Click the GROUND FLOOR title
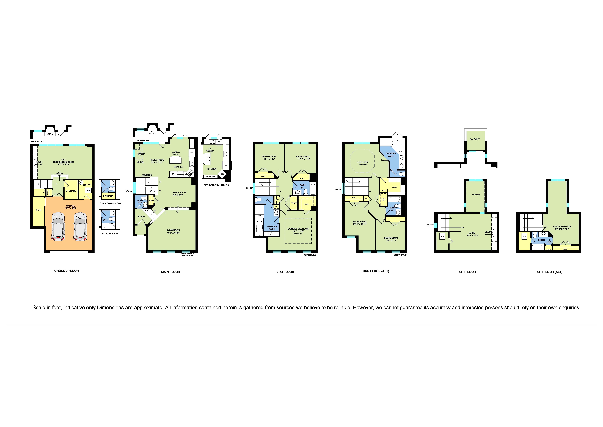pyautogui.click(x=66, y=271)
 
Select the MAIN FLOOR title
pyautogui.click(x=170, y=272)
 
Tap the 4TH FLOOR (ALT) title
pyautogui.click(x=549, y=272)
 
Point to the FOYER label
pyautogui.click(x=142, y=217)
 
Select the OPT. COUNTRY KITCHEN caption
pyautogui.click(x=216, y=185)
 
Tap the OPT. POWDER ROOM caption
pyautogui.click(x=111, y=203)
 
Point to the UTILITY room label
pyautogui.click(x=87, y=185)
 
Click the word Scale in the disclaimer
pyautogui.click(x=38, y=308)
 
